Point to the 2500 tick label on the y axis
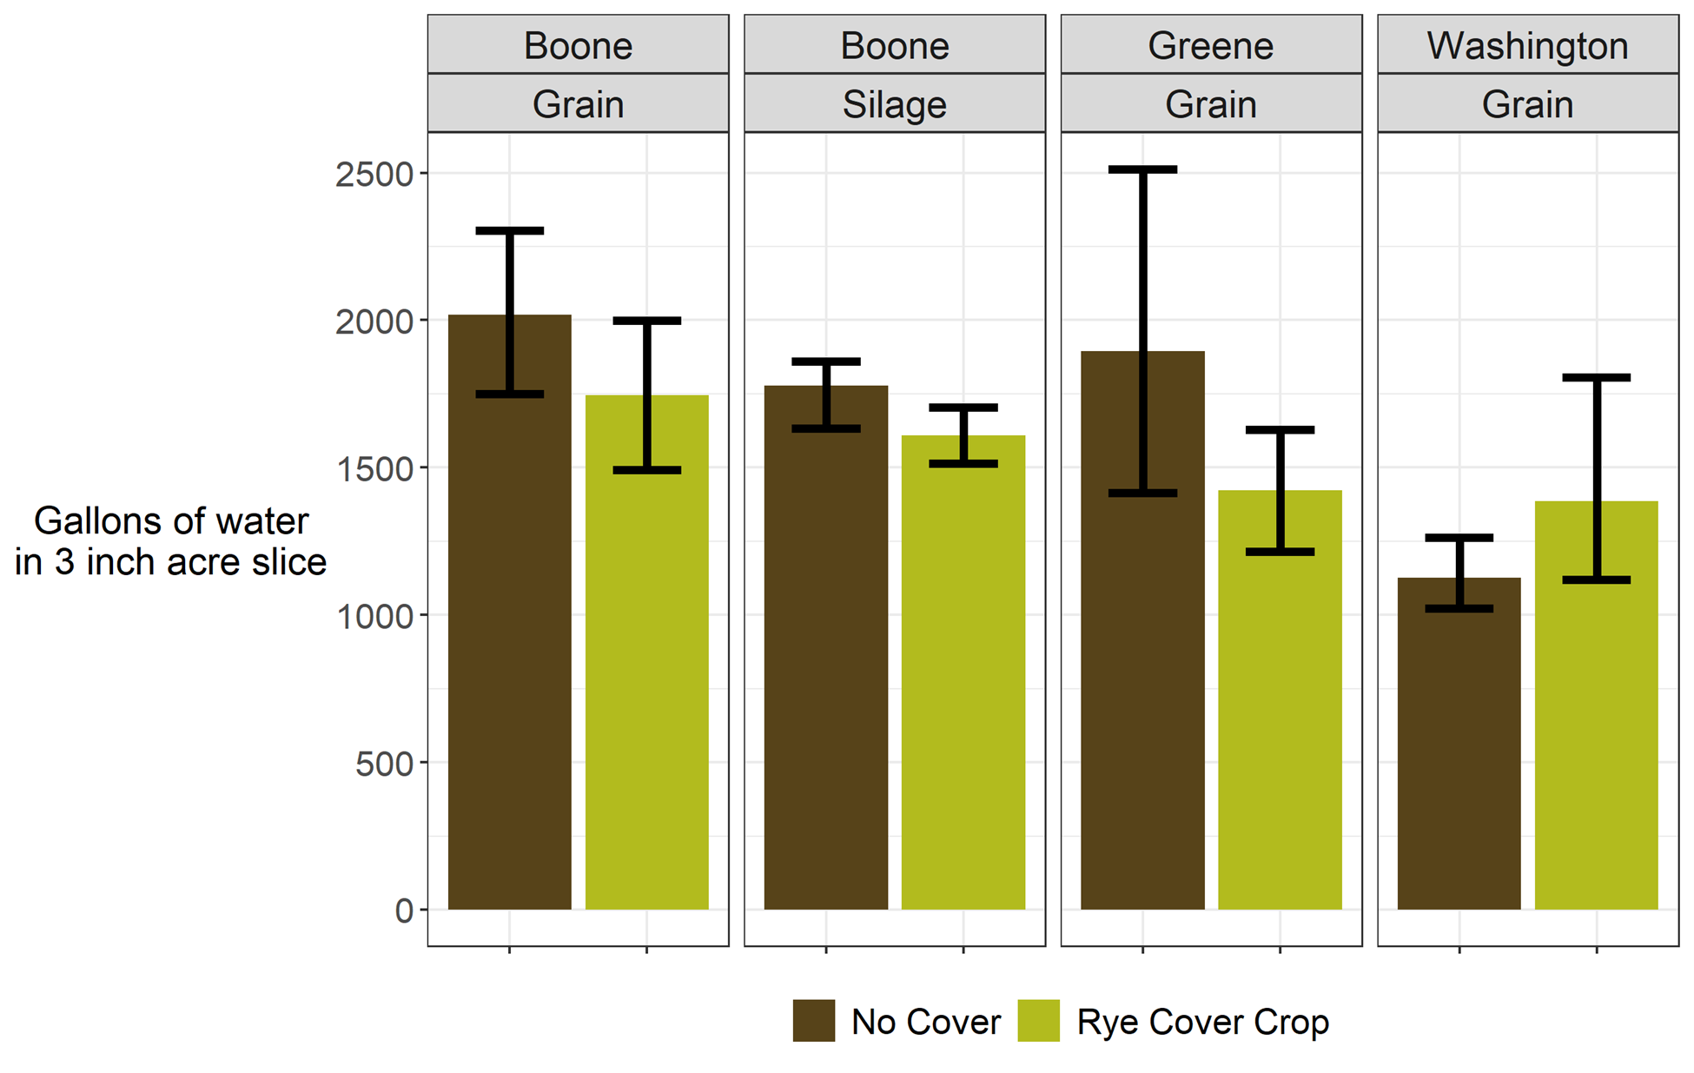374,174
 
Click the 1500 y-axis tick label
374,468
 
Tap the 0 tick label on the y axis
404,911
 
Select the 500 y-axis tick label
384,764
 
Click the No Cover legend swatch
813,1021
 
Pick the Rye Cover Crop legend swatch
1038,1021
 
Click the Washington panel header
1527,45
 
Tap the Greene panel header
1210,45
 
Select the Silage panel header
894,104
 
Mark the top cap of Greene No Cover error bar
1142,169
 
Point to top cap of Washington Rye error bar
1596,377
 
